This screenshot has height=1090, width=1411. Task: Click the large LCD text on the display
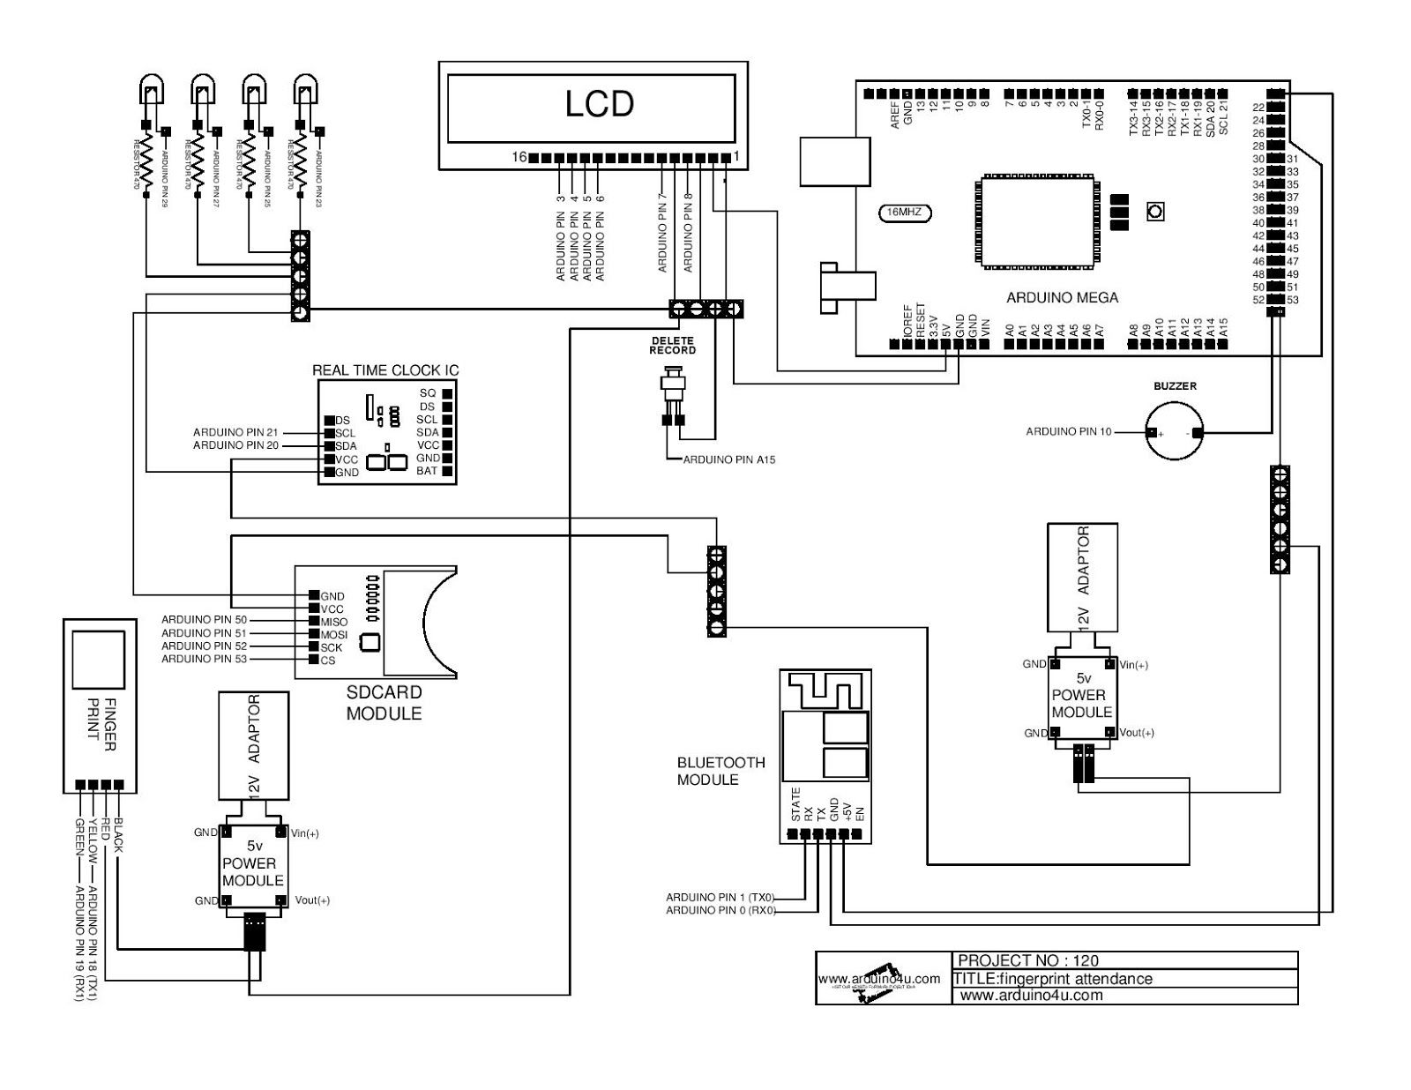(599, 104)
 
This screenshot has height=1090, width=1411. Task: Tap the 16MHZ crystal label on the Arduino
(905, 213)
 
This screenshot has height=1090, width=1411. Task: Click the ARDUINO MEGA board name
(1062, 298)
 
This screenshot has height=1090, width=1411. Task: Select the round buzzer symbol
(1174, 431)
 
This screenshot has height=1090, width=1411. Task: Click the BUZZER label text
(1175, 386)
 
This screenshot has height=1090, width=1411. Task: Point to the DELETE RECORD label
(673, 346)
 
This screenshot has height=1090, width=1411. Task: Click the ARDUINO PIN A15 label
(729, 459)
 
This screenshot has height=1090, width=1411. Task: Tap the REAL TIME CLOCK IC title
(385, 370)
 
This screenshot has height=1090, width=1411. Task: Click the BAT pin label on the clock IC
(427, 471)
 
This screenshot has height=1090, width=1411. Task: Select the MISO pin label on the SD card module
(334, 622)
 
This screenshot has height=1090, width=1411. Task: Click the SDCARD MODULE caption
(384, 703)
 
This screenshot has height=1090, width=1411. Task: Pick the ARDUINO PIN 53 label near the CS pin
(204, 659)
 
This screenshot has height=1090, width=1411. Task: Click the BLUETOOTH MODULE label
(720, 771)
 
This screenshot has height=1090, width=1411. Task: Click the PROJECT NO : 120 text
(1027, 960)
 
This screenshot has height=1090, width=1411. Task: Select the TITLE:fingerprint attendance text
(1053, 978)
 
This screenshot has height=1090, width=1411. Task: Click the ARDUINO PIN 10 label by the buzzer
(1069, 431)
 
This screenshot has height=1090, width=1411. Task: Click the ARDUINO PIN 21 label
(235, 432)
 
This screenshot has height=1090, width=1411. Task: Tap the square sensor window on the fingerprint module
(98, 660)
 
